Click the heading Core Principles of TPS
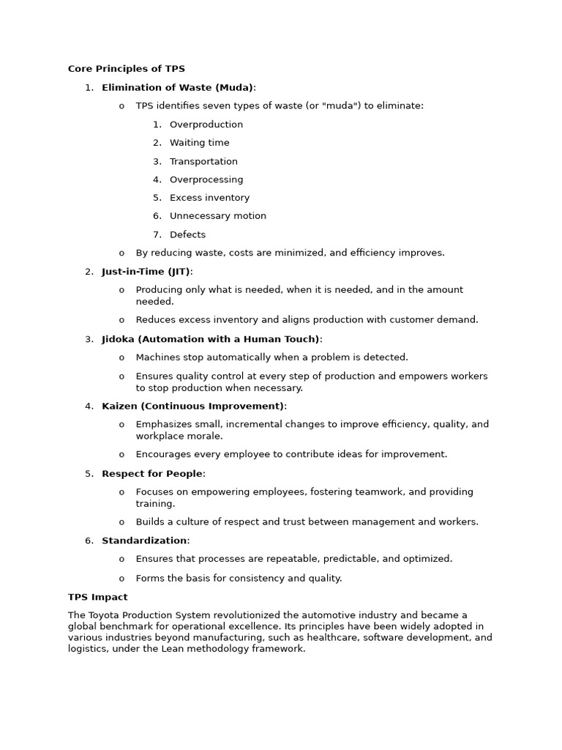(x=126, y=69)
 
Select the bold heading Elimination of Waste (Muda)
(x=177, y=88)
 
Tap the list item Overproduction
(x=206, y=125)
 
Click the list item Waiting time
(x=199, y=143)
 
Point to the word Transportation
(x=203, y=161)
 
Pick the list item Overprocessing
(x=206, y=179)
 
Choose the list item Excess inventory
(x=209, y=198)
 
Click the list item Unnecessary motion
(x=217, y=216)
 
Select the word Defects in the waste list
(x=187, y=234)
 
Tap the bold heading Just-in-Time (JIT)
(x=146, y=272)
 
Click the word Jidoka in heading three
(x=118, y=339)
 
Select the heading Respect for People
(x=151, y=474)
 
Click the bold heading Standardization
(x=144, y=541)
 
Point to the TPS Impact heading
(x=97, y=597)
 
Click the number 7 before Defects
(x=156, y=234)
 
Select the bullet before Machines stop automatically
(x=121, y=357)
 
